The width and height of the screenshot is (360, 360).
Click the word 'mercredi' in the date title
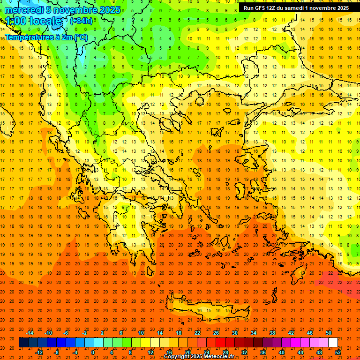pos(23,10)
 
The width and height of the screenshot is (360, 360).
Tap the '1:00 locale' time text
pos(33,21)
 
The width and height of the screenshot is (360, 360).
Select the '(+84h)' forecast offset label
pos(81,21)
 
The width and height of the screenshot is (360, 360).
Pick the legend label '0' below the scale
pos(93,352)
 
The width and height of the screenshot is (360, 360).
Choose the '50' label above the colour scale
pos(328,333)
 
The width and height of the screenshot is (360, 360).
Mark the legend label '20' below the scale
pos(187,352)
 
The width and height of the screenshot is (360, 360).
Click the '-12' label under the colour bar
pos(39,352)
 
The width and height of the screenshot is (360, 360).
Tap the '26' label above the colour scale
pos(216,333)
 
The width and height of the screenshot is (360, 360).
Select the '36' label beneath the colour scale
pos(263,352)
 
